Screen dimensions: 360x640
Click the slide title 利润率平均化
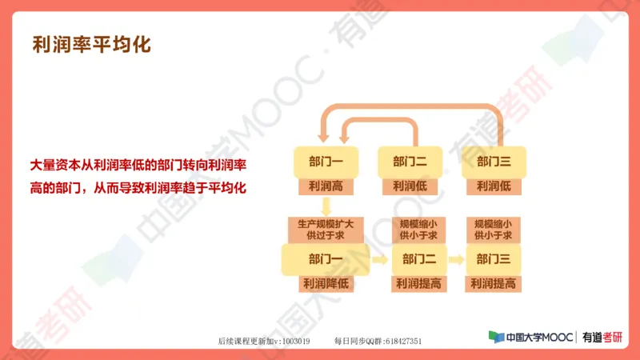pyautogui.click(x=91, y=43)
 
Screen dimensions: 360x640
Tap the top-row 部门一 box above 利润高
pyautogui.click(x=326, y=162)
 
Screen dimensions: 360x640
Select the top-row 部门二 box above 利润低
pyautogui.click(x=409, y=162)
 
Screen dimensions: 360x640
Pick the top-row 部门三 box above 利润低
pyautogui.click(x=494, y=162)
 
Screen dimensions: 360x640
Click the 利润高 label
pyautogui.click(x=326, y=186)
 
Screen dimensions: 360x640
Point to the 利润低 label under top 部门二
pyautogui.click(x=409, y=186)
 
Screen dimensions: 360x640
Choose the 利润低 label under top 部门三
pyautogui.click(x=494, y=186)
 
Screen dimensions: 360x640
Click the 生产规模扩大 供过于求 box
pyautogui.click(x=326, y=229)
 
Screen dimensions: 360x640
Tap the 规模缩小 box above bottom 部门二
pyautogui.click(x=418, y=229)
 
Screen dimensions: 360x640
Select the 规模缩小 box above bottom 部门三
pyautogui.click(x=494, y=229)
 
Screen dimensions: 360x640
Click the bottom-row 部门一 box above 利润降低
pyautogui.click(x=326, y=258)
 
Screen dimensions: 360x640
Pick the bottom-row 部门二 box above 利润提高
pyautogui.click(x=418, y=258)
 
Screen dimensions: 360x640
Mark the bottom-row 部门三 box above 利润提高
pyautogui.click(x=494, y=258)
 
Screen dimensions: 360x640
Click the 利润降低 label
pyautogui.click(x=326, y=283)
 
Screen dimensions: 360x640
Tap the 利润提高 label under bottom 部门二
pyautogui.click(x=418, y=283)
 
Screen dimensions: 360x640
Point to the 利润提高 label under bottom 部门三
pyautogui.click(x=494, y=283)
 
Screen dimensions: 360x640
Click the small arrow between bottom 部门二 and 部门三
pyautogui.click(x=456, y=258)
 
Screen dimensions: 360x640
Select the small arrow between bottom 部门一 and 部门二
pyautogui.click(x=379, y=258)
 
